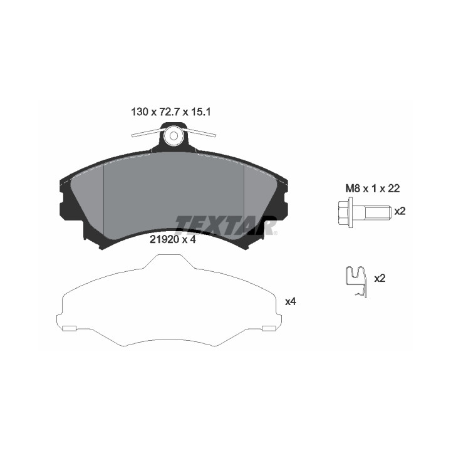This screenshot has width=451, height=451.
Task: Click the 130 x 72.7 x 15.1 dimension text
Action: click(x=171, y=111)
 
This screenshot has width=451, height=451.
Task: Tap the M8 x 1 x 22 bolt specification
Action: click(x=373, y=189)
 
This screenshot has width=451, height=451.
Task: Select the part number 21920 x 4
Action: click(x=173, y=239)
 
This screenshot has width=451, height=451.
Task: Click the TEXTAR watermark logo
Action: click(x=226, y=225)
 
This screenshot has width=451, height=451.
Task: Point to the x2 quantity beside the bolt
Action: click(x=400, y=211)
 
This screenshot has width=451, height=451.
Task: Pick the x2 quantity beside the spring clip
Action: click(x=380, y=278)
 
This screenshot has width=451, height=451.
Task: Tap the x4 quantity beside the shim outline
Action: click(x=291, y=302)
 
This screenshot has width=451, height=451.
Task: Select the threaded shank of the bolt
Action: click(x=371, y=212)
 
